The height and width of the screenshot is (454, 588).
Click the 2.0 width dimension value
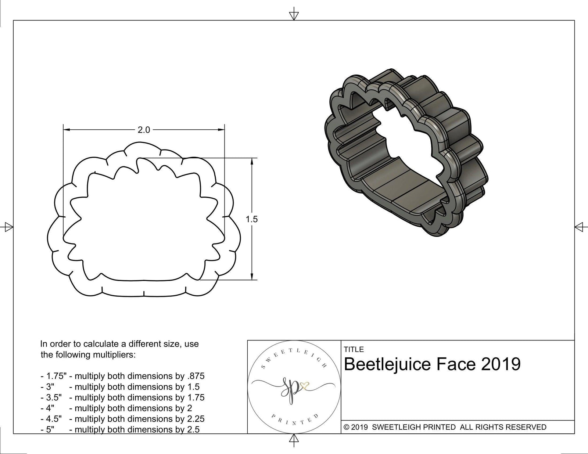coord(144,130)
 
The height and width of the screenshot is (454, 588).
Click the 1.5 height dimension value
coord(252,219)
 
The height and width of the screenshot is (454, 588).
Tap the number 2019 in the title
coord(501,364)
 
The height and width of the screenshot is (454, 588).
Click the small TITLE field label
coord(354,349)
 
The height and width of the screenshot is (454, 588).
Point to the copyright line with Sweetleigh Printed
coord(445,427)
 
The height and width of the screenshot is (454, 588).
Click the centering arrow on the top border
coord(294,15)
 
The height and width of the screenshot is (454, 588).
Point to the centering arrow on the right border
coord(580,227)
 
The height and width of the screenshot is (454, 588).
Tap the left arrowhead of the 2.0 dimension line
coord(67,130)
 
